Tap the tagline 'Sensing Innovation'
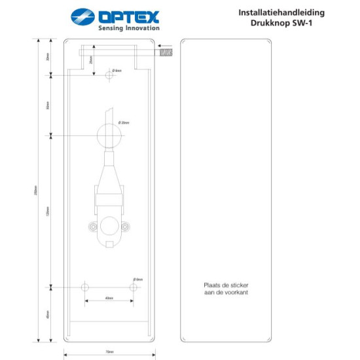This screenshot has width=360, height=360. click(x=128, y=28)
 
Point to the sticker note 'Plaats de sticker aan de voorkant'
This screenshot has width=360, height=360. click(x=226, y=289)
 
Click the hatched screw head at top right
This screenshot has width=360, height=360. click(x=165, y=53)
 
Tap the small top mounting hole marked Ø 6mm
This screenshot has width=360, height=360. click(x=109, y=75)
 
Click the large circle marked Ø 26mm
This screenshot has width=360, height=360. click(x=109, y=136)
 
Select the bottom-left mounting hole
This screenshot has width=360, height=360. click(x=84, y=287)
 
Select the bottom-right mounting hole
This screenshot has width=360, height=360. click(x=134, y=287)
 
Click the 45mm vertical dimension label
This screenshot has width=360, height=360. click(x=48, y=315)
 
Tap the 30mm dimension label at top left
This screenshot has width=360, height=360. click(x=48, y=57)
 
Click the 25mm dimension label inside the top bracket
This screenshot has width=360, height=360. click(x=90, y=60)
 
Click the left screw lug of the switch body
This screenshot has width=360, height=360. click(x=94, y=226)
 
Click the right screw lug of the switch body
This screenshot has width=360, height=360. click(x=125, y=226)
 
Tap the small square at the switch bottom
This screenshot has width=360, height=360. click(x=109, y=245)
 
